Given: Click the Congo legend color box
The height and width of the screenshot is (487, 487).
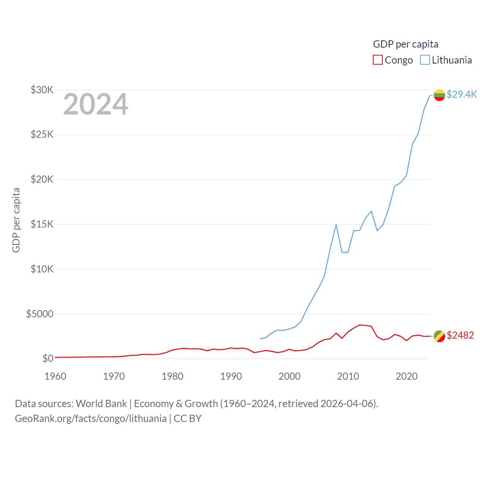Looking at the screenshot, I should [377, 60].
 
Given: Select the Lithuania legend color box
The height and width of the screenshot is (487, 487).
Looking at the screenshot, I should [425, 60].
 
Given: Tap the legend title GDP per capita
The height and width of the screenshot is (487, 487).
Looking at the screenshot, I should [406, 44].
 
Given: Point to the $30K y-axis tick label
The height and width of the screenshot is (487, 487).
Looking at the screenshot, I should [42, 90].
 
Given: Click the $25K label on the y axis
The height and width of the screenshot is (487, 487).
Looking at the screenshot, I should [42, 135].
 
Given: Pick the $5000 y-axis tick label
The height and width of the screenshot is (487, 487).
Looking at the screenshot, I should [40, 314].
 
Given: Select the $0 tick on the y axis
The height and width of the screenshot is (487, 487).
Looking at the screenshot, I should [48, 358].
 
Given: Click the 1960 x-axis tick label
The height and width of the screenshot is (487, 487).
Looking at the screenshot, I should [56, 376].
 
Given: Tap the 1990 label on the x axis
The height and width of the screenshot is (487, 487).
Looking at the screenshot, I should [231, 376].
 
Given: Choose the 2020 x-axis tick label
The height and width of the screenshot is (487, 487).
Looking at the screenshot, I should [407, 376].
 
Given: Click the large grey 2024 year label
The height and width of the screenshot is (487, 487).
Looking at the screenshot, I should [95, 104].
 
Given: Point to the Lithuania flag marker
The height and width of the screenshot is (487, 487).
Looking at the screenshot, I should [439, 95].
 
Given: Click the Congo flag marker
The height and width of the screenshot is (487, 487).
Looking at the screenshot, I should [439, 336].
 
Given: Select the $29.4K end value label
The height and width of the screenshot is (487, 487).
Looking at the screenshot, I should [462, 94].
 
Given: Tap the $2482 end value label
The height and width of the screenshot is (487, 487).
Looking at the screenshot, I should [460, 335].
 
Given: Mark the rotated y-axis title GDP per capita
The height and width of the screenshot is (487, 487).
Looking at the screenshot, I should [16, 220].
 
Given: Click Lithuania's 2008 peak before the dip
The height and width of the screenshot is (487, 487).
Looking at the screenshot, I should [336, 225].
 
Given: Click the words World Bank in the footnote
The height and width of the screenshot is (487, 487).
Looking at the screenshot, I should [101, 403].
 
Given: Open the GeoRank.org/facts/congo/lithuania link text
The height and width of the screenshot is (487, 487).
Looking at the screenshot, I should [91, 419].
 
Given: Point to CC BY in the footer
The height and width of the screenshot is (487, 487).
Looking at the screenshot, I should [188, 419].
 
